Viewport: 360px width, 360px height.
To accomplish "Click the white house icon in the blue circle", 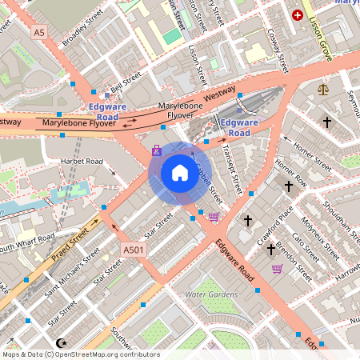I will coord(179,172).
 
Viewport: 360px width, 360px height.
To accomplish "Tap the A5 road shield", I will coord(39,32).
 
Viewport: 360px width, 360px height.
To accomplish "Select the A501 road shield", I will coord(134,250).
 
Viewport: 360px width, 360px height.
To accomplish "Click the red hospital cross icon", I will coord(298,15).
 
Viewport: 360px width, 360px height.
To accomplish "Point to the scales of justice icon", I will coord(322,90).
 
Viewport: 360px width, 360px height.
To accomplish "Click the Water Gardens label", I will coord(211,294).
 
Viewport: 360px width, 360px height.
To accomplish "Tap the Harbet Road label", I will coord(82,162).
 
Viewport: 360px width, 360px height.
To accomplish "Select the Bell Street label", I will coord(126,80).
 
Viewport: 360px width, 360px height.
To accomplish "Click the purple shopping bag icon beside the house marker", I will coord(213,216).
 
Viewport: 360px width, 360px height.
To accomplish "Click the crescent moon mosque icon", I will coord(156,150).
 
